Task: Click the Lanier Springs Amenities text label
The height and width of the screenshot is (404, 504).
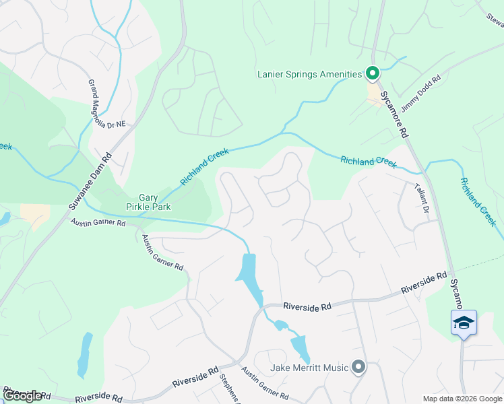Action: pyautogui.click(x=310, y=74)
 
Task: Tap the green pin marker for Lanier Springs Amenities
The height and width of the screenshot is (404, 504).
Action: pyautogui.click(x=372, y=73)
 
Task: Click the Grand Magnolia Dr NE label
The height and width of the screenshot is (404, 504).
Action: pyautogui.click(x=107, y=104)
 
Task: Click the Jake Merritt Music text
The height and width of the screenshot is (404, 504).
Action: pyautogui.click(x=309, y=368)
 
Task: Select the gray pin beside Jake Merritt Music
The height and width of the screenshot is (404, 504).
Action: pyautogui.click(x=358, y=367)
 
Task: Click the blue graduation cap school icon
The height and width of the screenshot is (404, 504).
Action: pyautogui.click(x=464, y=323)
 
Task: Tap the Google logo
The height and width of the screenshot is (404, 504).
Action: pyautogui.click(x=22, y=396)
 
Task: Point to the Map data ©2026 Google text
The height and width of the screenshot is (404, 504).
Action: pyautogui.click(x=462, y=399)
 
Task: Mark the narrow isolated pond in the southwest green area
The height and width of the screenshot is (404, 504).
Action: pyautogui.click(x=84, y=354)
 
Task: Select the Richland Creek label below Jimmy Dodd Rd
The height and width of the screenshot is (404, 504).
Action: pyautogui.click(x=369, y=162)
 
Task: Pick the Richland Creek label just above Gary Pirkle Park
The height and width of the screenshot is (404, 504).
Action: pyautogui.click(x=205, y=167)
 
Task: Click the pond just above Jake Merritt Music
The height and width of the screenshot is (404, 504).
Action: pyautogui.click(x=298, y=347)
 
